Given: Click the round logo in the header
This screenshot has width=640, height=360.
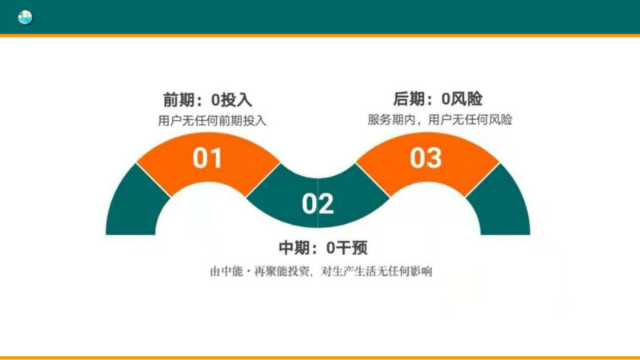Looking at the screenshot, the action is tap(25, 17).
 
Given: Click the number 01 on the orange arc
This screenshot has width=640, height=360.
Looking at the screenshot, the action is tap(207, 158).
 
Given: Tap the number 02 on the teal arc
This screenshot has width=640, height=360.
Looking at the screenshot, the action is tap(318, 204).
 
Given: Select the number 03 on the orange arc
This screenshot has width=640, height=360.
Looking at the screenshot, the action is tap(426, 158).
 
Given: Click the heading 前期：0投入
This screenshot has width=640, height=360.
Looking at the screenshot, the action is tap(207, 100).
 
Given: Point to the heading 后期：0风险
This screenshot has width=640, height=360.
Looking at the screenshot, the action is tap(438, 98).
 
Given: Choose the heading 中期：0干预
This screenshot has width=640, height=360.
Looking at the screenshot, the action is tap(323, 247).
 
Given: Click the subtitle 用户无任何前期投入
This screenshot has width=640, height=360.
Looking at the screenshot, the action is tap(212, 121).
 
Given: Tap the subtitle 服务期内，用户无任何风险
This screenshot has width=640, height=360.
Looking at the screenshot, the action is tap(439, 120).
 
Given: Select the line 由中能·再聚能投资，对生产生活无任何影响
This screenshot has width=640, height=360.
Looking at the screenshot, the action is tap(321, 271).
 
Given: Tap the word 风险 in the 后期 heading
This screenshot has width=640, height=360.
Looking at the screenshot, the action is tap(467, 98).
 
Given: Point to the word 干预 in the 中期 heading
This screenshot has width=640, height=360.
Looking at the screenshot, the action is tap(352, 247).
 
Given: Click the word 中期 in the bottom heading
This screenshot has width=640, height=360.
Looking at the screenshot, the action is tap(294, 247).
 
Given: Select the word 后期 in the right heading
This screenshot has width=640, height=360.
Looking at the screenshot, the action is tap(408, 98).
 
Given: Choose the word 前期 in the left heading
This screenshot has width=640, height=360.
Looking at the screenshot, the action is tap(178, 100).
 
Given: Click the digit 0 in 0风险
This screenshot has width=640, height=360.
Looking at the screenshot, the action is tap(446, 99).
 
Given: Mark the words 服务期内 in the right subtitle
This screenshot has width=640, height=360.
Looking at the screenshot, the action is tap(391, 120).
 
